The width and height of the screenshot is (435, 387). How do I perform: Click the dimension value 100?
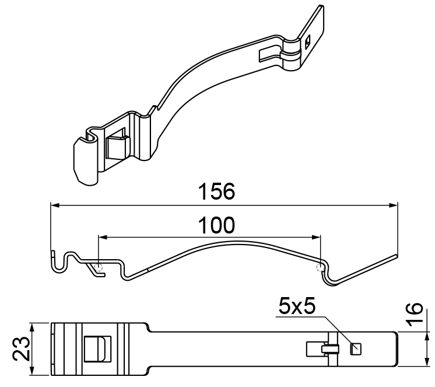(216, 225)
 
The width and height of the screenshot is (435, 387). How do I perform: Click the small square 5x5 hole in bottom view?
(355, 349)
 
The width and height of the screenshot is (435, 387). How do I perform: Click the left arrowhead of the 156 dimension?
(54, 205)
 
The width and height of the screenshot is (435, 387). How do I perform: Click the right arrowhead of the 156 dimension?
(394, 205)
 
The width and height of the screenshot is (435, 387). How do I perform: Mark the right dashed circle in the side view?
(319, 267)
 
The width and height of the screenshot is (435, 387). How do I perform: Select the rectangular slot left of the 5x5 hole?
(315, 349)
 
